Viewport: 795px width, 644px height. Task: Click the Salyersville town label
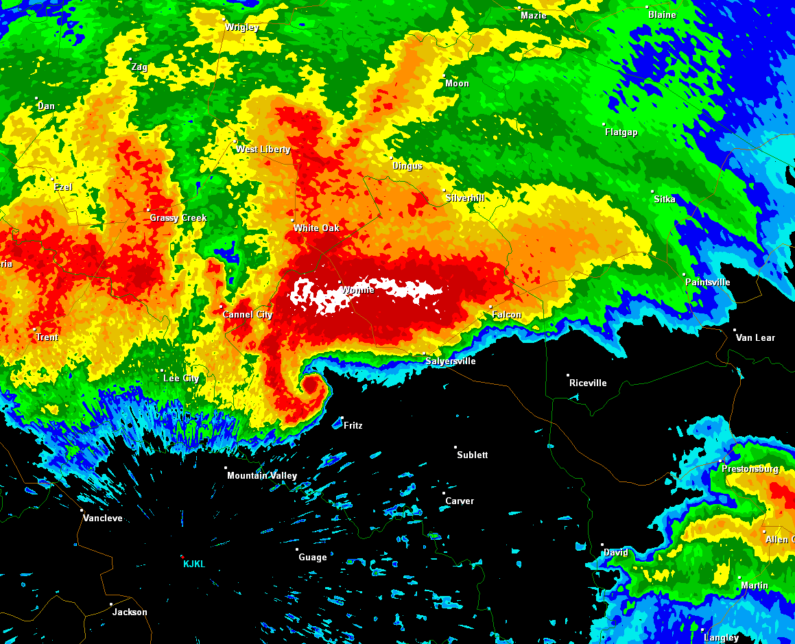point(450,361)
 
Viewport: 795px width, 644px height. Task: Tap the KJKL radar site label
point(194,564)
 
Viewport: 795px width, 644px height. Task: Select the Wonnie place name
point(357,290)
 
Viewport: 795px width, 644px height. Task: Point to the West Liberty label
point(263,150)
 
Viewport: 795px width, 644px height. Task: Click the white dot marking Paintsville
point(685,274)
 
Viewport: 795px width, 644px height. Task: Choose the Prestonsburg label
point(750,469)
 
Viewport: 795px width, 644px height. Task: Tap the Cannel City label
point(248,315)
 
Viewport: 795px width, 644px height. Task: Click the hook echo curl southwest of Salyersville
point(310,385)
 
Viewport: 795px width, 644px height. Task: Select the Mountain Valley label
point(262,476)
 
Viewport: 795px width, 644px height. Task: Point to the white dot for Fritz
point(342,418)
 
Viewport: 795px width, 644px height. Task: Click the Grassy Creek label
point(178,218)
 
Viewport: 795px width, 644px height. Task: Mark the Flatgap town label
point(621,132)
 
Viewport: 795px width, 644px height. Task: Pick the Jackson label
point(130,612)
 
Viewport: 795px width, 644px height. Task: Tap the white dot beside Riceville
point(568,375)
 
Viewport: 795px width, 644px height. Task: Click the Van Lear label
point(755,337)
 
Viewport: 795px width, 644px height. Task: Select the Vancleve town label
point(103,518)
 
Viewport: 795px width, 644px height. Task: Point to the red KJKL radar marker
point(182,556)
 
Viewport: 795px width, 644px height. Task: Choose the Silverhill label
point(465,198)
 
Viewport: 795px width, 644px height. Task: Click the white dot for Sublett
point(455,447)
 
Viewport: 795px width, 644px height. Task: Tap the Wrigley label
point(242,27)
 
